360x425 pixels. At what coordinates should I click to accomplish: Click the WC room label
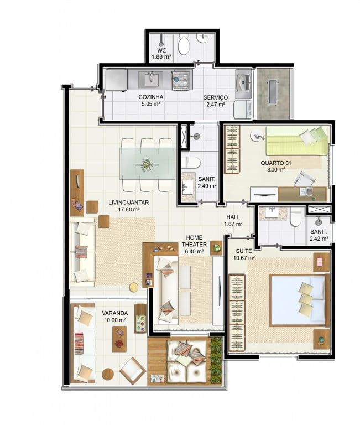[x=161, y=50]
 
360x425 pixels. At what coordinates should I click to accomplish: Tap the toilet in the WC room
[x=184, y=44]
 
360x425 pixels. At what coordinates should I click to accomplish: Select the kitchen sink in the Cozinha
[x=150, y=79]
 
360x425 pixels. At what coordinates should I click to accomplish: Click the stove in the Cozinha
[x=181, y=80]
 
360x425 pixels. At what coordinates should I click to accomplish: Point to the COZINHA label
[x=151, y=97]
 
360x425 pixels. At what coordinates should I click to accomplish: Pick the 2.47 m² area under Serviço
[x=216, y=105]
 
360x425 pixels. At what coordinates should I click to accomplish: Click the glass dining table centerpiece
[x=148, y=164]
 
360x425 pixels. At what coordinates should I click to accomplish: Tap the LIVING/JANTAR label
[x=128, y=202]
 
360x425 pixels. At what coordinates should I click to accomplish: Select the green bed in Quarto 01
[x=297, y=141]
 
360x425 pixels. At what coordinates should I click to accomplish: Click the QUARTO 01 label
[x=276, y=163]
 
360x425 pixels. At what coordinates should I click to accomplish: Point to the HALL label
[x=233, y=217]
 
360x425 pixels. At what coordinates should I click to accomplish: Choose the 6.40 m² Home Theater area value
[x=194, y=251]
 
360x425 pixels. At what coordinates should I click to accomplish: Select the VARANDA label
[x=115, y=313]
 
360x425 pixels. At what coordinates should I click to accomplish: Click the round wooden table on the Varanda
[x=108, y=374]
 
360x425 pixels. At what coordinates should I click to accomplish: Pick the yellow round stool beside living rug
[x=133, y=287]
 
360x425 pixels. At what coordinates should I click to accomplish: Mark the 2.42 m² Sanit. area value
[x=319, y=239]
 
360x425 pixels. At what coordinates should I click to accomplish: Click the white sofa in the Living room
[x=82, y=252]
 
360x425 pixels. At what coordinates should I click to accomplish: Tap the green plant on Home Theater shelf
[x=217, y=248]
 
